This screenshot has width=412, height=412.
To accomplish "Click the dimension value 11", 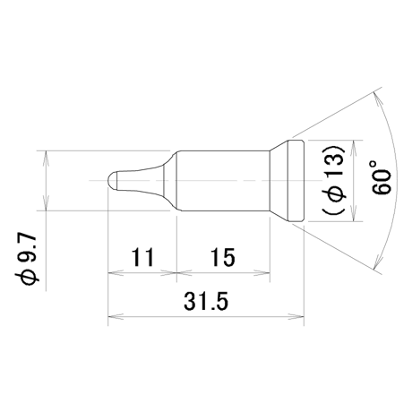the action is pyautogui.click(x=142, y=257).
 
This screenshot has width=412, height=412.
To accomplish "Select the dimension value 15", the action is pyautogui.click(x=223, y=257).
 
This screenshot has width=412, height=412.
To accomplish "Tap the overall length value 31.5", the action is pyautogui.click(x=206, y=301).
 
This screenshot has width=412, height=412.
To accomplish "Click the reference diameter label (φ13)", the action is pyautogui.click(x=334, y=180).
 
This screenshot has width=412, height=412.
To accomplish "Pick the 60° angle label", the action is pyautogui.click(x=382, y=178).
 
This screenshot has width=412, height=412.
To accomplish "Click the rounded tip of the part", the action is pyautogui.click(x=112, y=180).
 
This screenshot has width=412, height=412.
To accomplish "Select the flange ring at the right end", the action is pyautogui.click(x=296, y=181).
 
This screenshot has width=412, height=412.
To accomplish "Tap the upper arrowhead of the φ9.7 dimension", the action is pyautogui.click(x=46, y=159).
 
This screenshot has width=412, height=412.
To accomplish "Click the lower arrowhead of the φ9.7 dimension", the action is pyautogui.click(x=46, y=203).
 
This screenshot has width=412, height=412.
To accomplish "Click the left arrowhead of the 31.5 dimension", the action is pyautogui.click(x=116, y=316).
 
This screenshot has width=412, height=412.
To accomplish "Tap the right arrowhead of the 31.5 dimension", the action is pyautogui.click(x=296, y=316).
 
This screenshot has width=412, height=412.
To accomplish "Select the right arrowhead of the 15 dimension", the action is pyautogui.click(x=262, y=272).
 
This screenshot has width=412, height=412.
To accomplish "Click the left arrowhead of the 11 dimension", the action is pyautogui.click(x=116, y=272).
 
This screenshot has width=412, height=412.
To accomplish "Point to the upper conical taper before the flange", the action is pyautogui.click(x=279, y=145).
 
